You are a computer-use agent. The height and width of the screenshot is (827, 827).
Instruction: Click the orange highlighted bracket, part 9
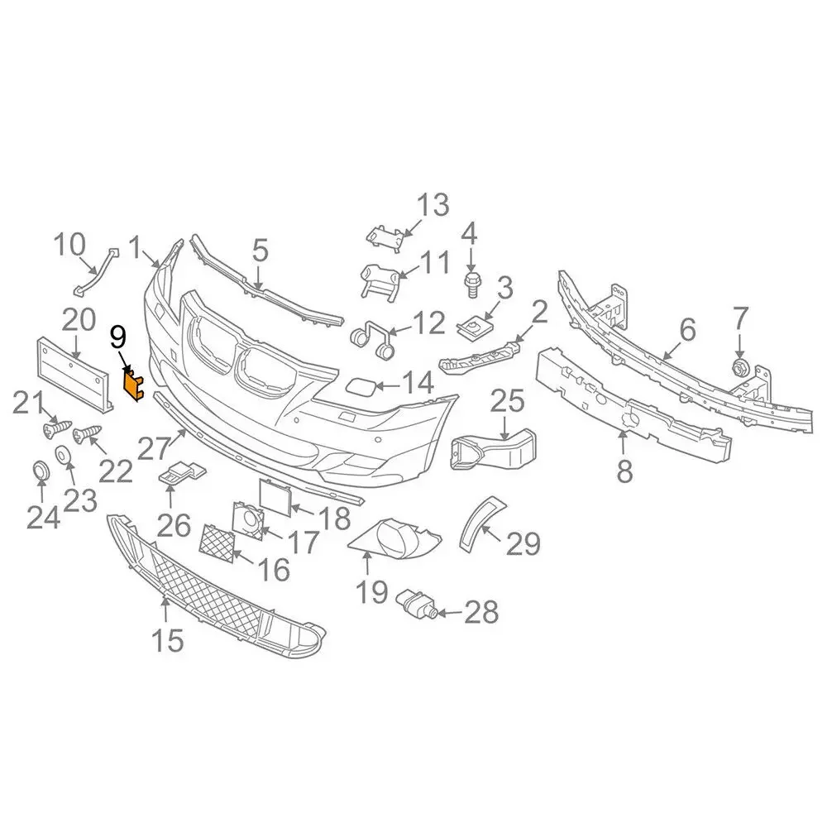[x=133, y=384]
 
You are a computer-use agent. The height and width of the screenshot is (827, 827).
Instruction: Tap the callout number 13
[x=433, y=204]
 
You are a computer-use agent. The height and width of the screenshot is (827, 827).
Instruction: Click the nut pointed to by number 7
[x=739, y=367]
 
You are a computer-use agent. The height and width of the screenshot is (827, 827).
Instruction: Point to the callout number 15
[x=167, y=640]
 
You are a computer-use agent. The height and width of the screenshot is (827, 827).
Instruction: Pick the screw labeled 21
[x=56, y=428]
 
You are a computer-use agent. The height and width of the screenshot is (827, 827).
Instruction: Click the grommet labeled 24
[x=41, y=469]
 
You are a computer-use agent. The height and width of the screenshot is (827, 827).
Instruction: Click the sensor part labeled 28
[x=417, y=603]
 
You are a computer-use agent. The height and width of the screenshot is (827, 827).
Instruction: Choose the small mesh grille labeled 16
[x=217, y=543]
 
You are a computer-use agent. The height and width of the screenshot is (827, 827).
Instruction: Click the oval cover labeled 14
[x=359, y=386]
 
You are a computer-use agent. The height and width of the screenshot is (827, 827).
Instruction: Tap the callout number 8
[x=624, y=471]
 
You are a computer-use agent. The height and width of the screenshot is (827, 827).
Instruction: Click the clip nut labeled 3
[x=472, y=327]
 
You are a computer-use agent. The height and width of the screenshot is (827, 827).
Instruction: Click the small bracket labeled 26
[x=183, y=472]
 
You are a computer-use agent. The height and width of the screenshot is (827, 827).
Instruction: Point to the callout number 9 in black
[x=118, y=338]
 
